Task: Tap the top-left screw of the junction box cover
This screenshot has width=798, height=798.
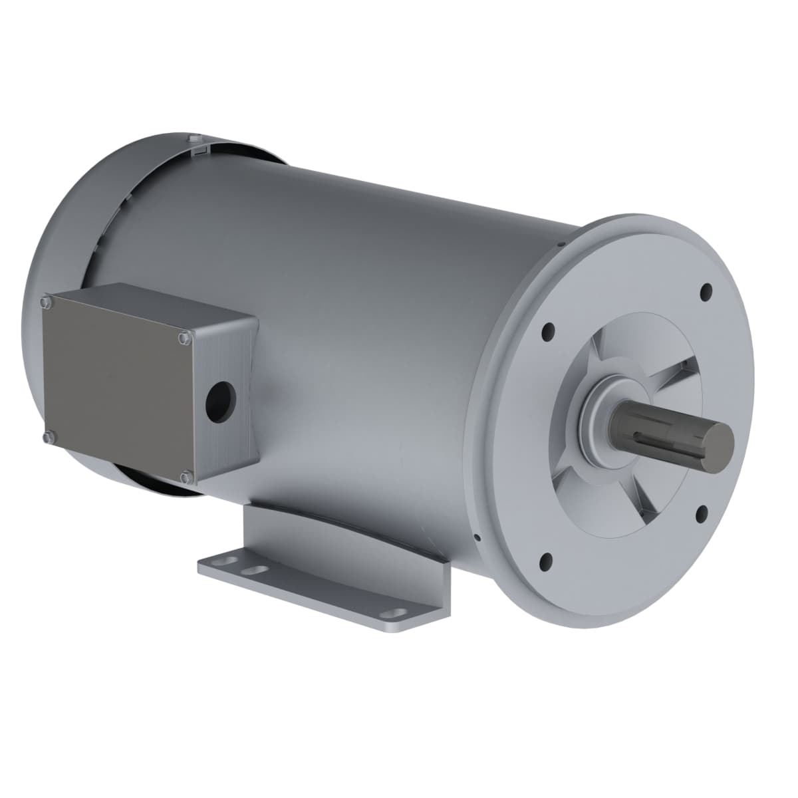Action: tap(45, 303)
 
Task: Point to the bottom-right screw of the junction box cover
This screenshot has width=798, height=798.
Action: tap(186, 476)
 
